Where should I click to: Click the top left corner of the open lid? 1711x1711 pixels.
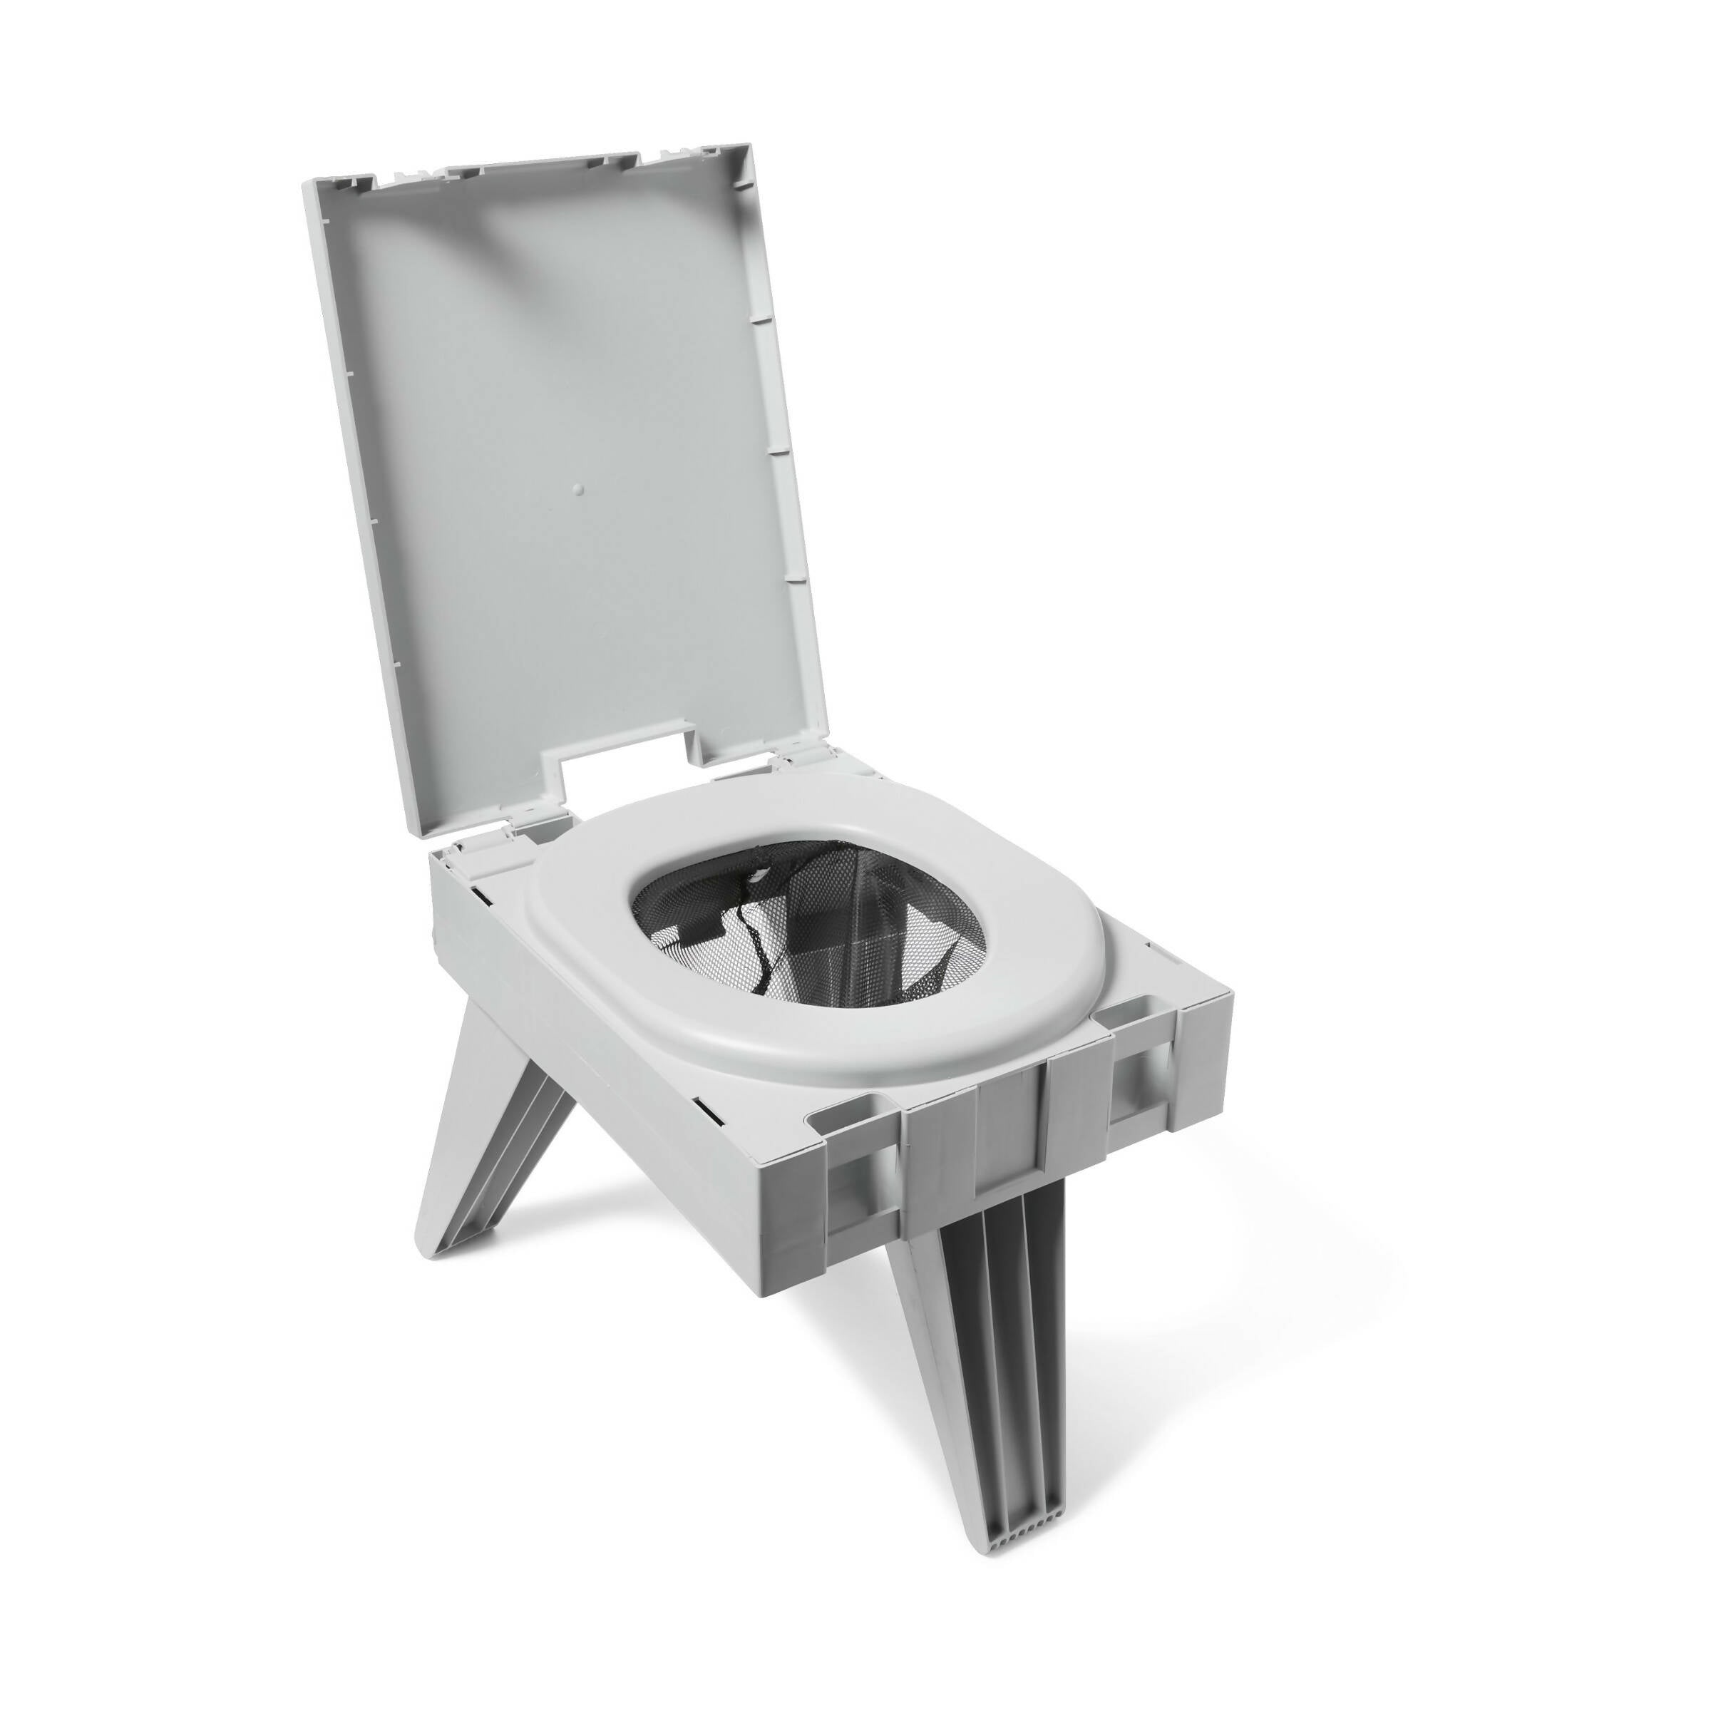coord(309,180)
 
